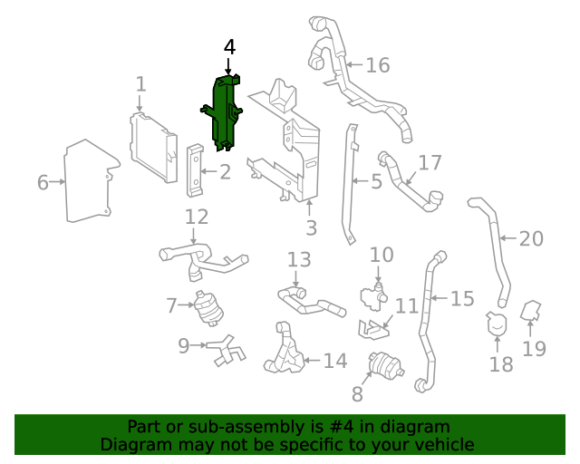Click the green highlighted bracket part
(224, 113)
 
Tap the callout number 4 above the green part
(230, 47)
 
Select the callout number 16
(377, 65)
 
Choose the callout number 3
(311, 228)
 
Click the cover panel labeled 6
(89, 182)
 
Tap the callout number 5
(376, 182)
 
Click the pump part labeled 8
(386, 367)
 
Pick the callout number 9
(182, 344)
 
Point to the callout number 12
(197, 217)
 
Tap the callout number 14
(335, 362)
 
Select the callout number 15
(462, 297)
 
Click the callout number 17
(430, 163)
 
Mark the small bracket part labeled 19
(534, 314)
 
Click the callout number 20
(531, 239)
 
